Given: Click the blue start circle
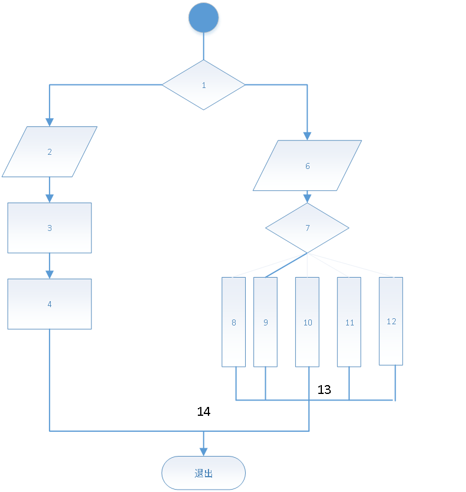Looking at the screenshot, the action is tap(204, 20).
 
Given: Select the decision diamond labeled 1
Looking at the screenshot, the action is tap(204, 85).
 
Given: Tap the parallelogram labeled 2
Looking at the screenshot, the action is tap(50, 152).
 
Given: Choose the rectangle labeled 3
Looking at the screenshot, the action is tap(50, 228).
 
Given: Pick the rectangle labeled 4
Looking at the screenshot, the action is tap(50, 304).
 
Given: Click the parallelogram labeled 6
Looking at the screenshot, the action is tap(307, 166).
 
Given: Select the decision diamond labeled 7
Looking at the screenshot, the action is tap(307, 228).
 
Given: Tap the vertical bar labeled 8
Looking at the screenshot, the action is tap(234, 322).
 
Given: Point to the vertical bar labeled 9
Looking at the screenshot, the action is tap(265, 322).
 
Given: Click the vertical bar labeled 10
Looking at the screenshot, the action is tap(307, 322).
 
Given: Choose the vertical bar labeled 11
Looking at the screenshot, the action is tap(349, 322).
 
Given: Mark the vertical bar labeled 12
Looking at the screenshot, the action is tap(391, 321).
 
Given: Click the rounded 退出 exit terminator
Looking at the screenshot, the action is tap(204, 473).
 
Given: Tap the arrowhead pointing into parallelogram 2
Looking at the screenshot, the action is tap(50, 122).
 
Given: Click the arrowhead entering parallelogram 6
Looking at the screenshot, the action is tap(307, 135).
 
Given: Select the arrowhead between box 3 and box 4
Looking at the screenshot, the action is tap(50, 274).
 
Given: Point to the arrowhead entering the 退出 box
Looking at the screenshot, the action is tap(204, 451).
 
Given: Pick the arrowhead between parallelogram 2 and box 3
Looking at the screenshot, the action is tap(50, 198).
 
